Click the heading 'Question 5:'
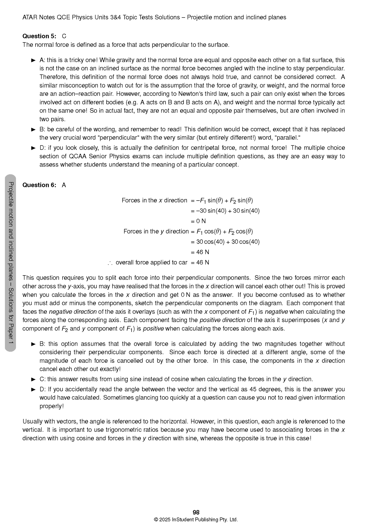(x=39, y=36)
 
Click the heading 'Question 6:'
(x=39, y=185)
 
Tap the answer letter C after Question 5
(x=64, y=36)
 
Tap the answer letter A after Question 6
(x=64, y=185)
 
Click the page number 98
(x=196, y=512)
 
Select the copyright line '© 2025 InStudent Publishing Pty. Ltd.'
(x=196, y=520)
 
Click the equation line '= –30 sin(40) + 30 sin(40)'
(x=225, y=211)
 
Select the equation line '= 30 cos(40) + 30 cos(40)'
(x=225, y=242)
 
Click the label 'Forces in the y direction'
(x=156, y=231)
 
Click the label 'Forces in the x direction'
(x=154, y=201)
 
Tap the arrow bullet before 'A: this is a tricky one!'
(x=33, y=61)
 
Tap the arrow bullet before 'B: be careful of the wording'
(x=33, y=130)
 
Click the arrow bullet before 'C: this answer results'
(x=33, y=379)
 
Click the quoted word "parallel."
(x=288, y=138)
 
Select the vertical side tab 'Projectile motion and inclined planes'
(x=11, y=263)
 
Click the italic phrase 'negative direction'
(x=73, y=312)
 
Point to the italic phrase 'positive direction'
(x=222, y=320)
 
